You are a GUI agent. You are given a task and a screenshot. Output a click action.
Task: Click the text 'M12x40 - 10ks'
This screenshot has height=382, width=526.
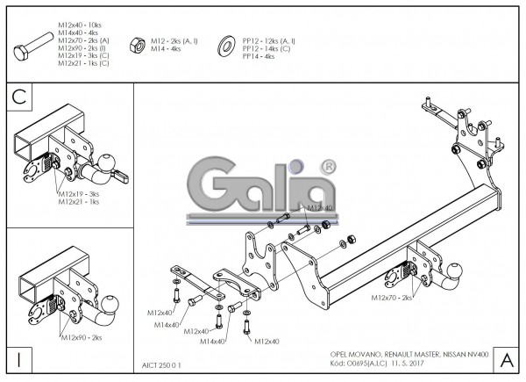82,26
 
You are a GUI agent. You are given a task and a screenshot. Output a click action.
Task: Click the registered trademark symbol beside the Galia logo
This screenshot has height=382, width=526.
328,166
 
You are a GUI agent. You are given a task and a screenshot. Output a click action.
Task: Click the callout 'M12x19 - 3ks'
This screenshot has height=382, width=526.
79,193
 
